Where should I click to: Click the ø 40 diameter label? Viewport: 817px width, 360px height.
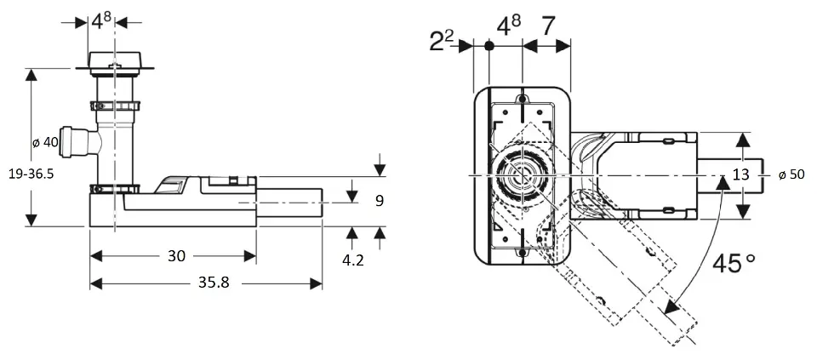[x=45, y=142]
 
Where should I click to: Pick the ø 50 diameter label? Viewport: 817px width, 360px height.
[x=791, y=174]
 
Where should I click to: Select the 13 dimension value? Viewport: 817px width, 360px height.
[x=740, y=174]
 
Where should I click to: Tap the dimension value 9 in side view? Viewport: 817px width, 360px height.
[x=379, y=201]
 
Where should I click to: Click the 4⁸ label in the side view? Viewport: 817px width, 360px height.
[x=102, y=20]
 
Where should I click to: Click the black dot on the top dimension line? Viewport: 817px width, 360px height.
[x=488, y=47]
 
